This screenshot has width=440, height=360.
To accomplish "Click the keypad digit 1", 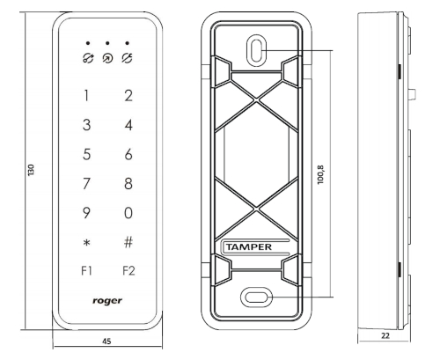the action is click(x=86, y=96).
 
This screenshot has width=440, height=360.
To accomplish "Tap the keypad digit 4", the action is click(x=128, y=125).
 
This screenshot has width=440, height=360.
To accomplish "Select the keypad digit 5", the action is click(x=86, y=154).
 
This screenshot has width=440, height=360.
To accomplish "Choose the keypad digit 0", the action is click(x=128, y=213).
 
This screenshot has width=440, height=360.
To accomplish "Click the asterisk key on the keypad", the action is click(x=86, y=243).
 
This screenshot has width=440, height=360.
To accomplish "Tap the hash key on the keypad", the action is click(x=128, y=242).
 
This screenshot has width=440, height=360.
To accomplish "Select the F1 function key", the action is click(x=86, y=270).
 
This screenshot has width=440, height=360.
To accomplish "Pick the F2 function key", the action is click(x=128, y=270).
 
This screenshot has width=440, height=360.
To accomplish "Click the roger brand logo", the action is click(x=107, y=301).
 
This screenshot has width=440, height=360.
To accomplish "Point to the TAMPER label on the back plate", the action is click(x=249, y=247).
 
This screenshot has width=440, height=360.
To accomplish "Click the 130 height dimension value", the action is click(x=31, y=170).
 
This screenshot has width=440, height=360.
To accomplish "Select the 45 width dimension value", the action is click(x=106, y=342).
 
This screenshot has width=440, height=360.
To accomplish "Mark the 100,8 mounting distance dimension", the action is click(x=321, y=174).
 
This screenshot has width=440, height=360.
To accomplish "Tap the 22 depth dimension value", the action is click(x=385, y=335).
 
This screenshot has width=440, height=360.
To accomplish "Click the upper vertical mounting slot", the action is click(x=257, y=50).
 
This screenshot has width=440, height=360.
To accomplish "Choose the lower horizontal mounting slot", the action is click(x=256, y=298).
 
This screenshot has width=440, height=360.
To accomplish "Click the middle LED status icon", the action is click(x=107, y=58).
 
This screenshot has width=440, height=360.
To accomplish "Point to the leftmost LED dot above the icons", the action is click(x=88, y=43).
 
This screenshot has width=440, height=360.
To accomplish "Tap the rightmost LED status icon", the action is click(x=127, y=58).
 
